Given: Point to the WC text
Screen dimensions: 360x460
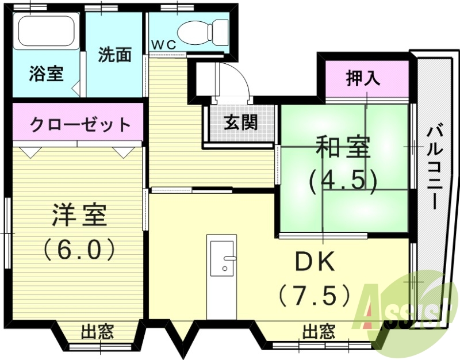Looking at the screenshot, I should pyautogui.click(x=164, y=44).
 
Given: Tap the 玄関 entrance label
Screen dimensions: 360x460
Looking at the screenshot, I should pyautogui.click(x=241, y=122).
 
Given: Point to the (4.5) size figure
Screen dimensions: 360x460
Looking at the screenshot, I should pyautogui.click(x=343, y=181).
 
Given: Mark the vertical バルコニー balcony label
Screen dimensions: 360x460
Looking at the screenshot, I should pyautogui.click(x=435, y=167).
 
